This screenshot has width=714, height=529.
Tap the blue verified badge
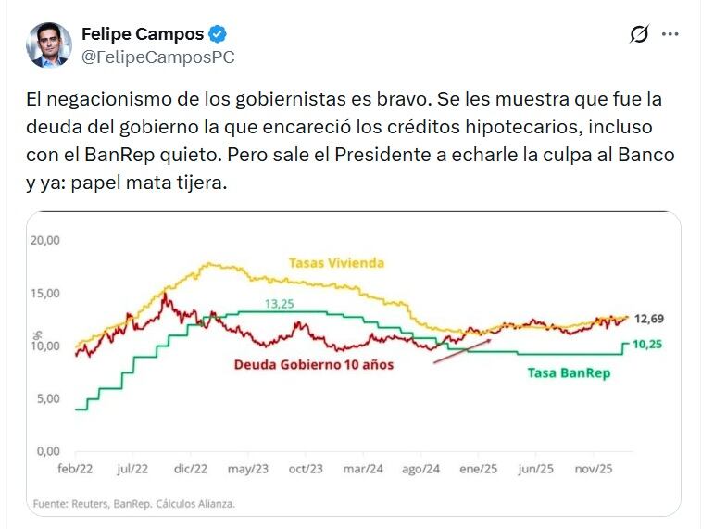point(218,35)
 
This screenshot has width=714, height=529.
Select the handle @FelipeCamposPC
point(157,57)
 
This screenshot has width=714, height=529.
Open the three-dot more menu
point(670,34)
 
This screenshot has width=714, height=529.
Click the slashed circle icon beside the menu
point(639,34)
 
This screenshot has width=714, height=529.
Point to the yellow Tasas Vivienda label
point(335,263)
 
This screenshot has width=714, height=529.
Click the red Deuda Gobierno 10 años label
point(313,365)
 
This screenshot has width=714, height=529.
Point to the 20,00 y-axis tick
point(45,240)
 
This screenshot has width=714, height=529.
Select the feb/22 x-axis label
point(76,469)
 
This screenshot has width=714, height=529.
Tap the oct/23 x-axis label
point(305,469)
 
